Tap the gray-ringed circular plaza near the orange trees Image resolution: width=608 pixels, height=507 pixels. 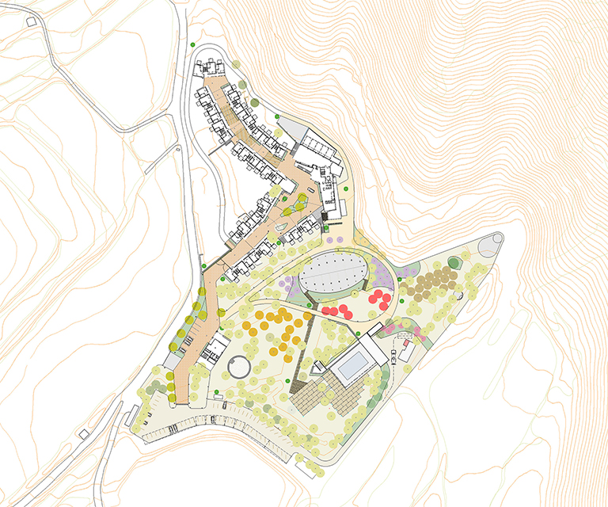click(x=239, y=367)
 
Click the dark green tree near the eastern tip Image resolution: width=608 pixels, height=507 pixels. click(x=454, y=262)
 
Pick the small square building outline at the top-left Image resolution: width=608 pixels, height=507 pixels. click(x=31, y=21)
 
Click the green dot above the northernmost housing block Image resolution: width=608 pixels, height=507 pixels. click(x=192, y=44)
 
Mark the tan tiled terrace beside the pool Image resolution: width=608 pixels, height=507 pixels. click(x=315, y=395)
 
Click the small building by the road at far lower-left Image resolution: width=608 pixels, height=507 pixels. click(x=84, y=433)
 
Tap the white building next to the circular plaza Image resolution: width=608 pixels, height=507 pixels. click(x=215, y=349)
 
